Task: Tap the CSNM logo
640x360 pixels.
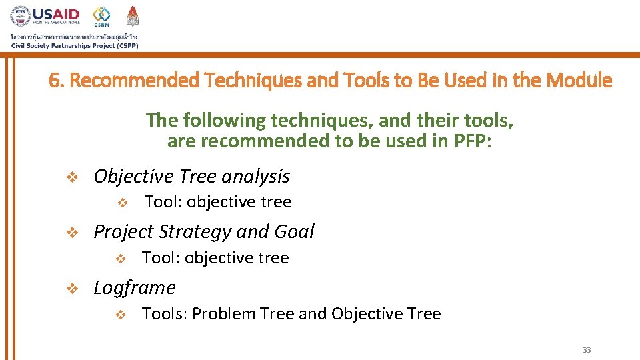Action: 102,17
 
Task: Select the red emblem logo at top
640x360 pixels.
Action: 133,16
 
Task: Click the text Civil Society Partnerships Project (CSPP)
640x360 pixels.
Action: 74,45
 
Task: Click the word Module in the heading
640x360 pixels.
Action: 579,81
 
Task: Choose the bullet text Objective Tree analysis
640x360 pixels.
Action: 191,176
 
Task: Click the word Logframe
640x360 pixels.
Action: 135,287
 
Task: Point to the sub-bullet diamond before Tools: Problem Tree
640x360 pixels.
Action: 121,314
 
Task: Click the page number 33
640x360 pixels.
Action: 587,350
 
